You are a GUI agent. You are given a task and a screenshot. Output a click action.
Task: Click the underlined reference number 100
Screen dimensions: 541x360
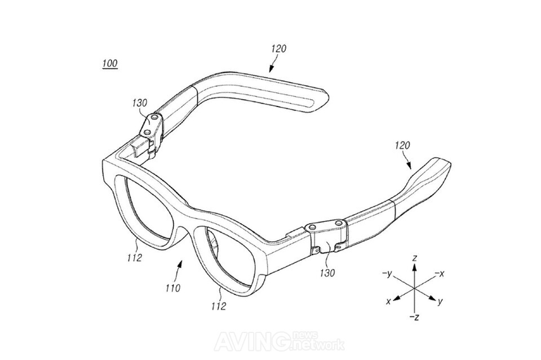tap(110, 64)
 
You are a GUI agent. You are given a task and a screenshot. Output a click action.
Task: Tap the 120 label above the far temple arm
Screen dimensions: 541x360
tap(279, 49)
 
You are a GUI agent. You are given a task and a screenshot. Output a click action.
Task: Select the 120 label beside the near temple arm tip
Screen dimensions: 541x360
tap(402, 146)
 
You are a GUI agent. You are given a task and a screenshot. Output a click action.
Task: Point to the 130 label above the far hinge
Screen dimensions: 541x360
tap(139, 103)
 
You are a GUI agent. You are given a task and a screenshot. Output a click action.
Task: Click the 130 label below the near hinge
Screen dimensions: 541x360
tap(327, 273)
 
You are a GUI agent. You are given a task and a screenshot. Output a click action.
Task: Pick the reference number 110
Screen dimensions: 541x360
tap(173, 288)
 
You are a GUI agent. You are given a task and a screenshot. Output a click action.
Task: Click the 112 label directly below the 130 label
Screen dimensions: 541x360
tap(219, 306)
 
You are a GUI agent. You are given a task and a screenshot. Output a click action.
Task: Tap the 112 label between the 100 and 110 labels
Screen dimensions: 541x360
tap(134, 257)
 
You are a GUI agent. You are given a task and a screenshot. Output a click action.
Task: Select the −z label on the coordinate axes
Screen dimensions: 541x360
tap(414, 317)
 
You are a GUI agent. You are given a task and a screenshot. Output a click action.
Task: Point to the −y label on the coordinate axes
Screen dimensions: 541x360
tap(387, 274)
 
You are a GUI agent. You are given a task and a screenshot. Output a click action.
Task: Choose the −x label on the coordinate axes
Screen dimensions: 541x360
tap(439, 274)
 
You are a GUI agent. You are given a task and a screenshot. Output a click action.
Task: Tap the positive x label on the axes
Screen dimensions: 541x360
tap(388, 302)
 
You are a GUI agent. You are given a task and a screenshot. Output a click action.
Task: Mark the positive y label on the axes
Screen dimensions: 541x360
tap(440, 302)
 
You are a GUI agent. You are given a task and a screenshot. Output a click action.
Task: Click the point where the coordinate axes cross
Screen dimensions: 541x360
tap(414, 288)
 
